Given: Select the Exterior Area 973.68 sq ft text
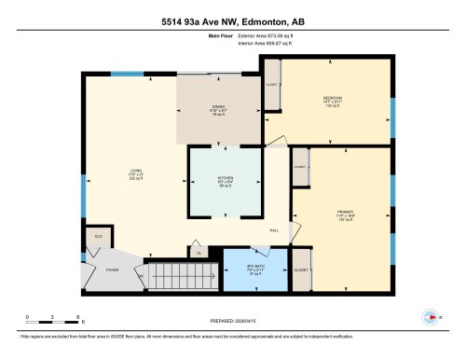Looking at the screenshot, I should (271, 36).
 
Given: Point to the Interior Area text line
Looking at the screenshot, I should (271, 43).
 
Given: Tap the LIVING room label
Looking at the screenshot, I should (135, 173).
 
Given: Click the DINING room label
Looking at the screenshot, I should (218, 110).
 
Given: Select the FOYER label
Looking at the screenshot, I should (112, 271).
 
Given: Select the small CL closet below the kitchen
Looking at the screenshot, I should (198, 251).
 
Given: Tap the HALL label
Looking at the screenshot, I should (275, 230).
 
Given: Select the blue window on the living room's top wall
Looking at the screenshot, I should (123, 74).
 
